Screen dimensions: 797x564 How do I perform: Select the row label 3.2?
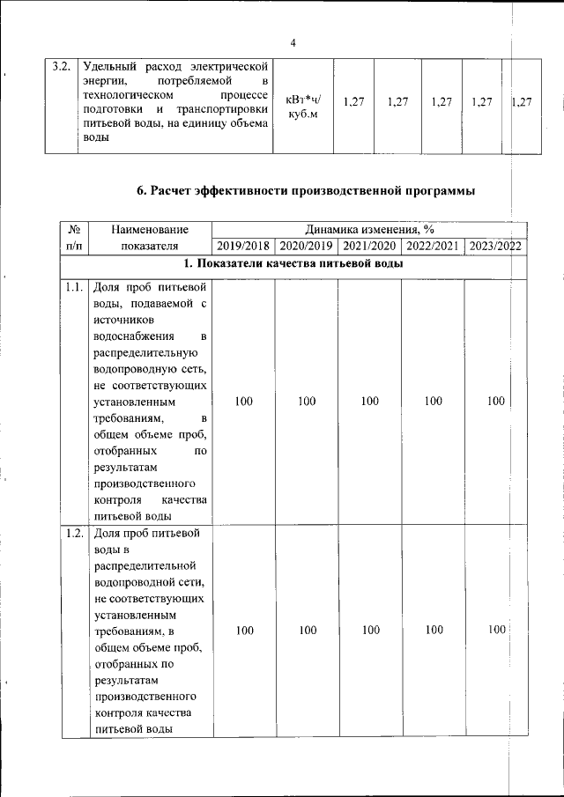(x=62, y=67)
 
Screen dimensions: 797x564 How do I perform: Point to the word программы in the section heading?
(x=438, y=190)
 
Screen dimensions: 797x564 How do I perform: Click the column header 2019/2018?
(x=243, y=246)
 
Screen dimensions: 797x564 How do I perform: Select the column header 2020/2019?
(x=307, y=246)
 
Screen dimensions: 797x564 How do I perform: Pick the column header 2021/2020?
(x=370, y=246)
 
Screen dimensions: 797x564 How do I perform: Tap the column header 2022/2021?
(x=433, y=246)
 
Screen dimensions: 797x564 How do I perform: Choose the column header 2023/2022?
(x=495, y=246)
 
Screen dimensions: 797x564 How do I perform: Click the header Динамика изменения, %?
(x=368, y=229)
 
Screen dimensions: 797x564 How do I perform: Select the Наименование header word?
(x=149, y=229)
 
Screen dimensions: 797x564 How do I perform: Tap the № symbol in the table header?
(x=74, y=229)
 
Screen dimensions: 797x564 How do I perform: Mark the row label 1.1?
(x=74, y=287)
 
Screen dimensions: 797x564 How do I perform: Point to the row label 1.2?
(x=74, y=534)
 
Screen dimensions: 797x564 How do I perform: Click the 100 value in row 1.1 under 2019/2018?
(x=244, y=402)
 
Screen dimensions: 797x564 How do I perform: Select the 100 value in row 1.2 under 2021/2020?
(x=370, y=630)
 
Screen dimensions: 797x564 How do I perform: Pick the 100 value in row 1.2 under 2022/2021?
(x=433, y=630)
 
